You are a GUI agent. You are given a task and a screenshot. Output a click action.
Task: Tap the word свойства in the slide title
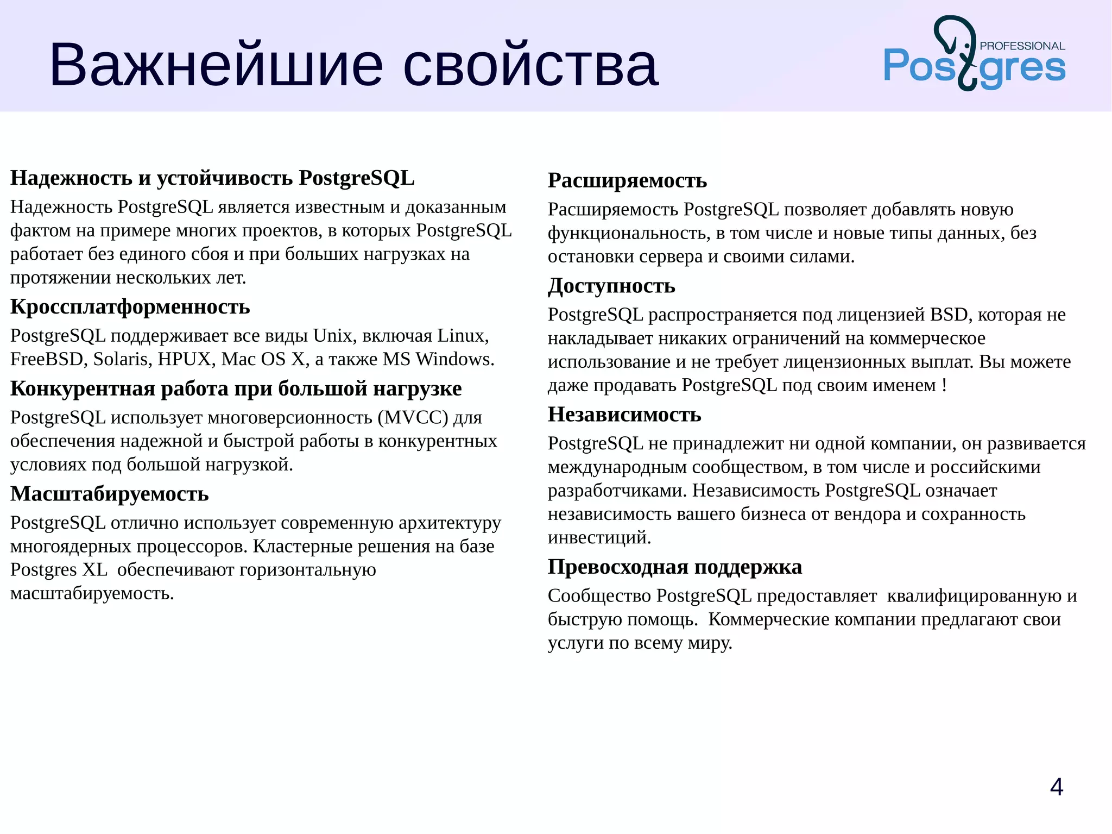530,65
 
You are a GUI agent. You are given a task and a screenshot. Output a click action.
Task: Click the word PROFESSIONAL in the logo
1022,46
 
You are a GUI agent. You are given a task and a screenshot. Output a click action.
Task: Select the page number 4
1056,787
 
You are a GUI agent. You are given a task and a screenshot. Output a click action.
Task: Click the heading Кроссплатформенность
130,307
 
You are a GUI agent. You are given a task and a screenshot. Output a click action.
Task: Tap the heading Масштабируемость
109,494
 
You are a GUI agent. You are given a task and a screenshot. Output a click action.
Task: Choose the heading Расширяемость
627,180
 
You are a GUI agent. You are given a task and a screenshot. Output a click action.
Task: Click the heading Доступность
611,286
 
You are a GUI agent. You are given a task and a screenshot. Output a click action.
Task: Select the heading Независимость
624,415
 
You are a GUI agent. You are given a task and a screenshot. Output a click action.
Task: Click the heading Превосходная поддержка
674,567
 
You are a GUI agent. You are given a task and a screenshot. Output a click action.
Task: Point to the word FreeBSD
46,360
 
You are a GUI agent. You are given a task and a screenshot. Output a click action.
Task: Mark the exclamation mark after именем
945,385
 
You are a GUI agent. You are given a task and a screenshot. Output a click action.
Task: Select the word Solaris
122,360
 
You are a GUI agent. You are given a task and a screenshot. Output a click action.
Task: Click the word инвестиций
599,538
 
